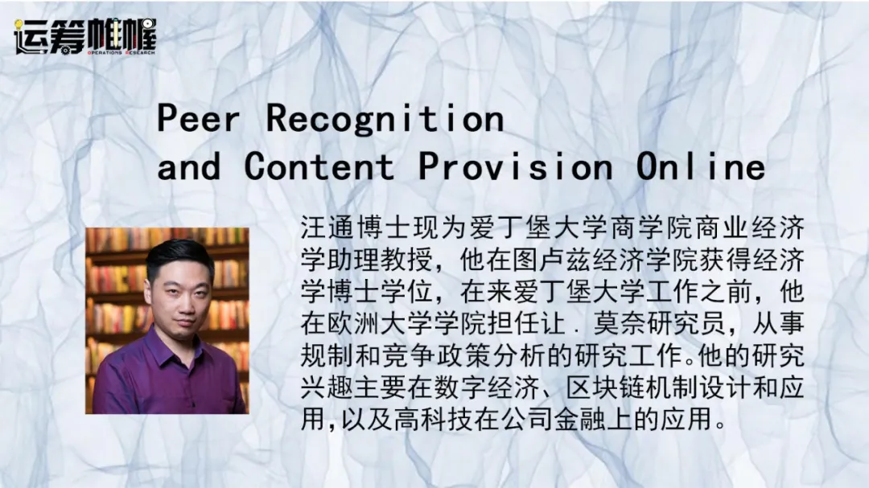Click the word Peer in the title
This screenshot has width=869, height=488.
point(199,118)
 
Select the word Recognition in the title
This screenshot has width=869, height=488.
point(385,119)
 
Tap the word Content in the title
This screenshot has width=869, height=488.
point(319,166)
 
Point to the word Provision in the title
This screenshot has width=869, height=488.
point(516,166)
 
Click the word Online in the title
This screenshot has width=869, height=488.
point(701,166)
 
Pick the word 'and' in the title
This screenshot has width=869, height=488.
point(188,166)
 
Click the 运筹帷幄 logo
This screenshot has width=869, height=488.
point(85,36)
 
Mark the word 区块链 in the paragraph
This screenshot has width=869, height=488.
point(606,388)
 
